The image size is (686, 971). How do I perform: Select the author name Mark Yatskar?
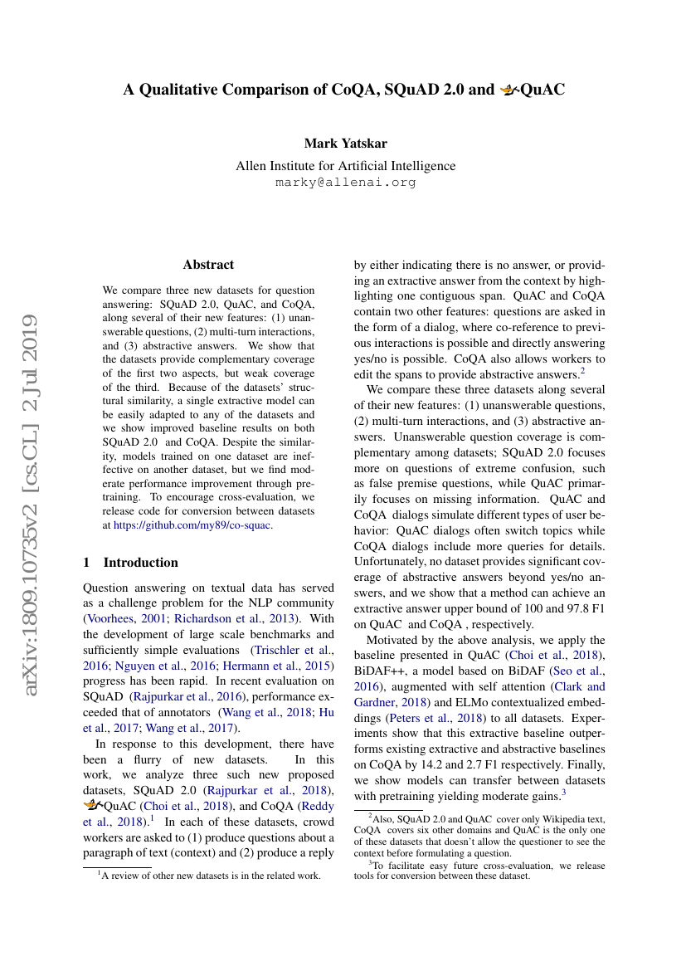coord(345,144)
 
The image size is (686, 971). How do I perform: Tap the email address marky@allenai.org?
coord(345,182)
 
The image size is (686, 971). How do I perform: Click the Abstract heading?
coord(208,265)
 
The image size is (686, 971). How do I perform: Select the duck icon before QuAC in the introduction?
coord(94,803)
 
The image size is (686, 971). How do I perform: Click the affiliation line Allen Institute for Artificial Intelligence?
coord(345,166)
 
